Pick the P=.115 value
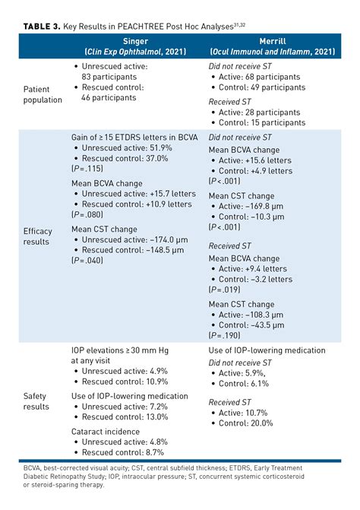[86, 169]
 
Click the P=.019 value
[225, 290]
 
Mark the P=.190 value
[225, 334]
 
